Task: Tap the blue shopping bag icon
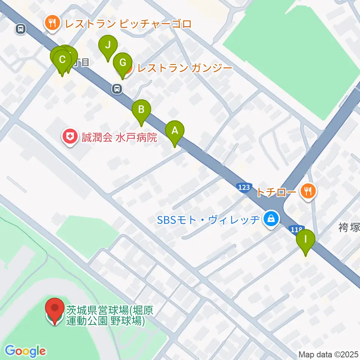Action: [271, 219]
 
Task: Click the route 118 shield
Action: [295, 229]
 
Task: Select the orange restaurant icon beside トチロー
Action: [308, 192]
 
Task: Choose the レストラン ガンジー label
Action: [185, 68]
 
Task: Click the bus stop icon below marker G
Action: [117, 89]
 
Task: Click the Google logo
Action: [25, 351]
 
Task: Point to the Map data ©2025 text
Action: [328, 354]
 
